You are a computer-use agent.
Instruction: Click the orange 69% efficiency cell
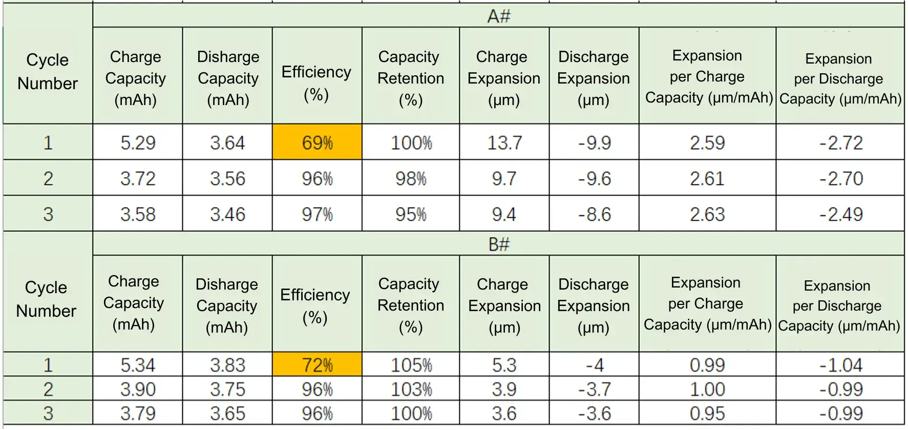click(317, 142)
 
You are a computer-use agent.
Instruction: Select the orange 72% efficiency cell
click(317, 365)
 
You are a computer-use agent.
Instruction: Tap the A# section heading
click(498, 16)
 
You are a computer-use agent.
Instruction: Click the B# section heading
click(498, 244)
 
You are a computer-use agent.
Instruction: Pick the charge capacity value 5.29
click(138, 142)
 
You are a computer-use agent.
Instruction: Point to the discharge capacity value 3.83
click(227, 365)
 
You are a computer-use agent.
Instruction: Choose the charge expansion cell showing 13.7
click(504, 142)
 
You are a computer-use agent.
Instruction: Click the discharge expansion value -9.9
click(594, 142)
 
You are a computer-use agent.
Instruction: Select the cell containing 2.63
click(707, 214)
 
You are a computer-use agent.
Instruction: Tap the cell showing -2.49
click(841, 214)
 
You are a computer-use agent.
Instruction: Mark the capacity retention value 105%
click(411, 365)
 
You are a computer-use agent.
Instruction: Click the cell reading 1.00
click(707, 390)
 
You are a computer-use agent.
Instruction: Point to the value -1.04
click(841, 365)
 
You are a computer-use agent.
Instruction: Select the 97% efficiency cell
click(317, 214)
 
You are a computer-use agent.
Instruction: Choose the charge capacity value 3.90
click(138, 390)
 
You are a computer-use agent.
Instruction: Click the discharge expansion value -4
click(594, 365)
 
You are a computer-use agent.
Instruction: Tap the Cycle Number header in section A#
click(48, 72)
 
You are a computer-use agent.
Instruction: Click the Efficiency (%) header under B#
click(315, 306)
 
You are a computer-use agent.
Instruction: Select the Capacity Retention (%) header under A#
click(411, 78)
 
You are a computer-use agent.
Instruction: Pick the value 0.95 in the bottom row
click(707, 413)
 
